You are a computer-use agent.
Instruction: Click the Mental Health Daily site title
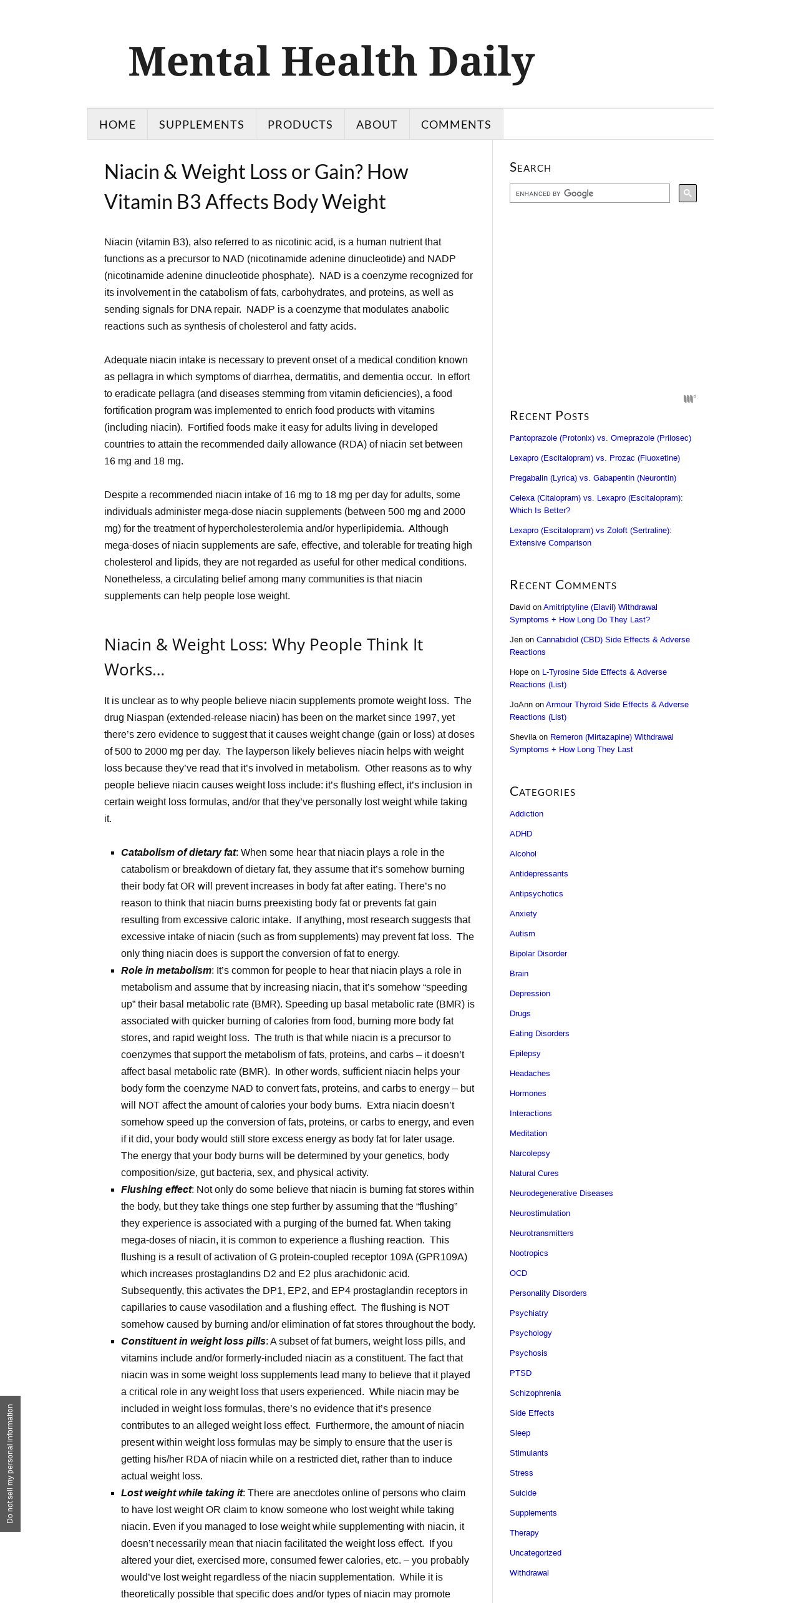click(x=331, y=62)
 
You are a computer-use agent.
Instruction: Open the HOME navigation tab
click(x=117, y=124)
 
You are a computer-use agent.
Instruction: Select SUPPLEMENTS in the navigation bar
click(x=201, y=124)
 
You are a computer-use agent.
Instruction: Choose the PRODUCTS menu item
click(x=300, y=124)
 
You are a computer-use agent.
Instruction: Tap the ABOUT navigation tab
click(x=377, y=124)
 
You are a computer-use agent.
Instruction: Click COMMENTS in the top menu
click(x=456, y=124)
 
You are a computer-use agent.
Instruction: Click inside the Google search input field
click(x=589, y=194)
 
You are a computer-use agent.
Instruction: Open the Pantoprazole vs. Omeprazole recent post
click(x=600, y=438)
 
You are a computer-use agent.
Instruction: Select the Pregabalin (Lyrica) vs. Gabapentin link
click(x=593, y=478)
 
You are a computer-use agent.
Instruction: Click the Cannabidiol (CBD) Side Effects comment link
click(x=613, y=640)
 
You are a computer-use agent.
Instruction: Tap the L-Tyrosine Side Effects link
click(x=604, y=672)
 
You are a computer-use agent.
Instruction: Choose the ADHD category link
click(x=521, y=834)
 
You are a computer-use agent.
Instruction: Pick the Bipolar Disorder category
click(x=538, y=954)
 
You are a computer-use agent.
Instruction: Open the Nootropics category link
click(x=528, y=1253)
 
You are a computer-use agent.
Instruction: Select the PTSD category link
click(x=521, y=1373)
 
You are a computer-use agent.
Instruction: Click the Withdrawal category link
click(x=529, y=1573)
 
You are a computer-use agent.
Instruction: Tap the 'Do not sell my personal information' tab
click(x=10, y=1464)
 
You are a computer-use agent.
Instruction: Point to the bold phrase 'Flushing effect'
click(x=156, y=1190)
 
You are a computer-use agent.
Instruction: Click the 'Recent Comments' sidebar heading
click(x=563, y=585)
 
